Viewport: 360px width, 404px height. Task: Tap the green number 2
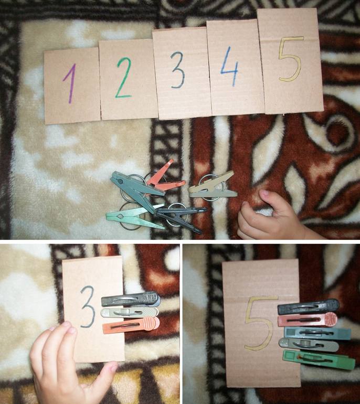(x=123, y=77)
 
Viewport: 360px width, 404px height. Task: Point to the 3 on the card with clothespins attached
(x=88, y=306)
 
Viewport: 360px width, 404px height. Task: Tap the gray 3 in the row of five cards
(x=178, y=70)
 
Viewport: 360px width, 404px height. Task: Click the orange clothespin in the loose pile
(x=165, y=178)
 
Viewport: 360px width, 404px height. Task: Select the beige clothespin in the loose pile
(x=212, y=186)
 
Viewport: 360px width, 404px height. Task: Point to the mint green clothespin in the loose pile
(x=134, y=218)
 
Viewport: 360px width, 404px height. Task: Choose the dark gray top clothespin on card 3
(x=130, y=300)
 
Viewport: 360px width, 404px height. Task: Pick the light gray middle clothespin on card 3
(x=130, y=313)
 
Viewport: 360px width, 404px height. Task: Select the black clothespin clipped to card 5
(x=308, y=306)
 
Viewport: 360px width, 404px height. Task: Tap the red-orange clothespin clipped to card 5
(x=308, y=320)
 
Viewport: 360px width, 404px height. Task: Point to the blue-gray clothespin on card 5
(x=317, y=333)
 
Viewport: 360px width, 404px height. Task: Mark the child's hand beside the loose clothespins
(x=273, y=216)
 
